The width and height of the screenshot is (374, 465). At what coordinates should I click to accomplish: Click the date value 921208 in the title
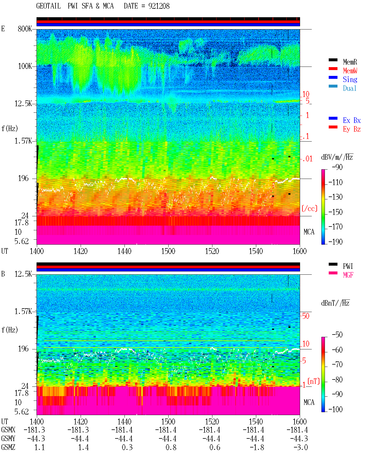[x=159, y=6]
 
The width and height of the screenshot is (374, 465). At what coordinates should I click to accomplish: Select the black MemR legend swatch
[x=333, y=60]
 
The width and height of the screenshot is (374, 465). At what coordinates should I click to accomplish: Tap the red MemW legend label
[x=350, y=71]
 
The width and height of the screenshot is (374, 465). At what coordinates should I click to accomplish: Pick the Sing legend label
[x=350, y=79]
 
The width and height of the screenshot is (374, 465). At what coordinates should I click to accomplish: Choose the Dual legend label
[x=349, y=88]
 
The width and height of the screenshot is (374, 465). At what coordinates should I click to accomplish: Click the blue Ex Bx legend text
[x=352, y=120]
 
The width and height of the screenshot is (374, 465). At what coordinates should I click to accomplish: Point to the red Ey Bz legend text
[x=352, y=129]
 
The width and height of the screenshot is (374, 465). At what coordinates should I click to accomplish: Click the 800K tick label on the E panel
[x=25, y=29]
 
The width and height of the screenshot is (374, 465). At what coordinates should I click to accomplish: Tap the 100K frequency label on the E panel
[x=25, y=66]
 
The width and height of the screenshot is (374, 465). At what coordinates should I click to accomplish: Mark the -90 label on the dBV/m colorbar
[x=337, y=167]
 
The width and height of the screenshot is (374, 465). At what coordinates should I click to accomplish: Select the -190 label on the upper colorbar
[x=335, y=242]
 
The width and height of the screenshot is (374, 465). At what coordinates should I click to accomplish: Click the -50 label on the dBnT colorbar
[x=337, y=335]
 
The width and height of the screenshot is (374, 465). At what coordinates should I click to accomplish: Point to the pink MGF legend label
[x=348, y=275]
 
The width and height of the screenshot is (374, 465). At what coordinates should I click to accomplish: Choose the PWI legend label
[x=348, y=266]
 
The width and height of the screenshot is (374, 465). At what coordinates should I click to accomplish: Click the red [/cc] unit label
[x=309, y=208]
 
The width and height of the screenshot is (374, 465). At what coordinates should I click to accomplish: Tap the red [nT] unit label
[x=314, y=381]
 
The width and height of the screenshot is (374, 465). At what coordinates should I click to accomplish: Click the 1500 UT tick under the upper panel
[x=168, y=251]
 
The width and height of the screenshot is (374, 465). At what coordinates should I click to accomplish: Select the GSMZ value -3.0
[x=301, y=447]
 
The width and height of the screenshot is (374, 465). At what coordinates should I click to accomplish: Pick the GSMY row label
[x=8, y=438]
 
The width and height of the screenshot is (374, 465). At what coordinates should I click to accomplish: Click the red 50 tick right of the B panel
[x=306, y=316]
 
